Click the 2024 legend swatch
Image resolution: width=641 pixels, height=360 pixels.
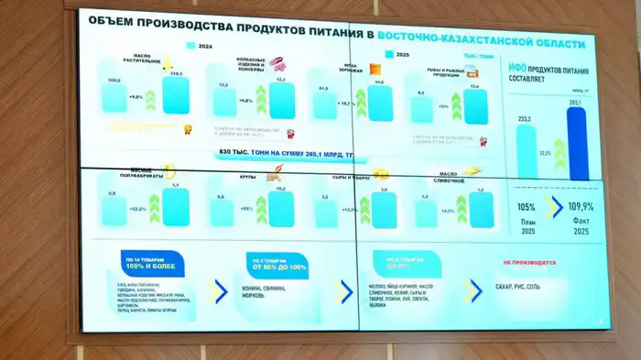(x=190, y=45)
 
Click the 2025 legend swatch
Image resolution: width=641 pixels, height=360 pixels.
(x=389, y=55)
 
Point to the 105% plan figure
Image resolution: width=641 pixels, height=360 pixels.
(x=526, y=207)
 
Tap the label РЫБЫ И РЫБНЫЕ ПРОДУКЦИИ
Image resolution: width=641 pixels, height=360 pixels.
(x=435, y=72)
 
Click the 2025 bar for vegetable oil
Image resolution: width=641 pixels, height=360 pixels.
(x=176, y=95)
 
